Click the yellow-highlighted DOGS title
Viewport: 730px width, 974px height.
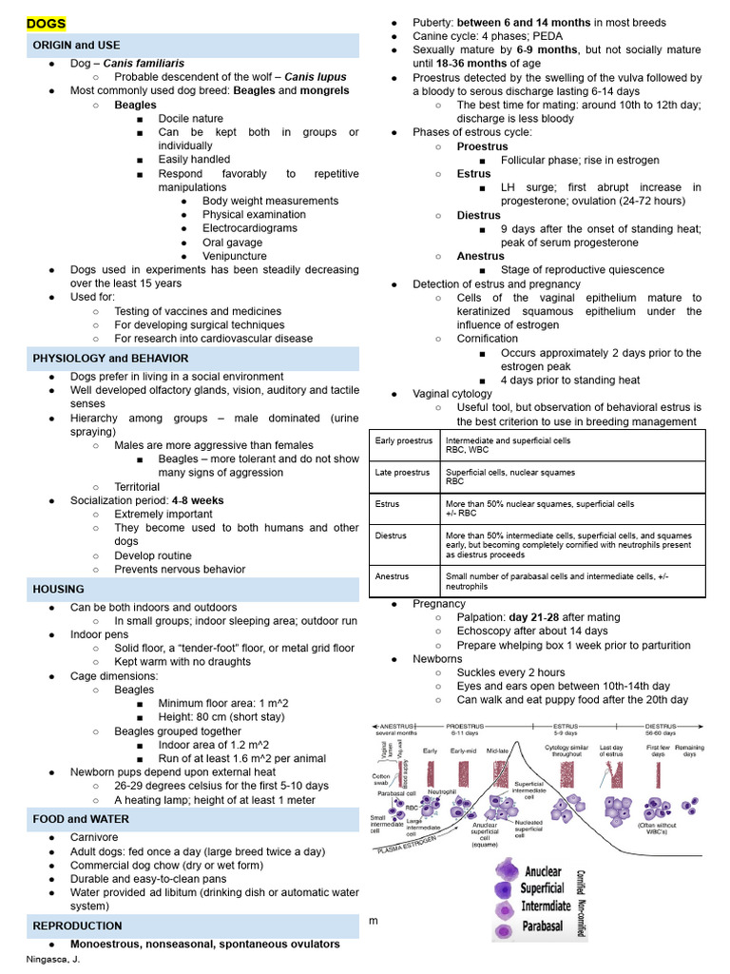tap(47, 22)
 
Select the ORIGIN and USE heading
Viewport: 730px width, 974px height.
tap(76, 45)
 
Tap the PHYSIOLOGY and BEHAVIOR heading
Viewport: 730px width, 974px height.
tap(110, 358)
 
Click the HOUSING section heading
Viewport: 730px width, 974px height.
tap(58, 589)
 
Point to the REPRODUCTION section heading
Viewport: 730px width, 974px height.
tap(77, 925)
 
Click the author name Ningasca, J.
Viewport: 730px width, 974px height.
tap(53, 959)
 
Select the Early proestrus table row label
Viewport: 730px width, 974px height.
tap(403, 440)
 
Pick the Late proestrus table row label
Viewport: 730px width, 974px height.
tap(402, 472)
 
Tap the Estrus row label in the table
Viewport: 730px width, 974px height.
tap(388, 503)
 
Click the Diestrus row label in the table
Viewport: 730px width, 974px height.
tap(391, 536)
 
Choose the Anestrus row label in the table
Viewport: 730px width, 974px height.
tap(392, 576)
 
